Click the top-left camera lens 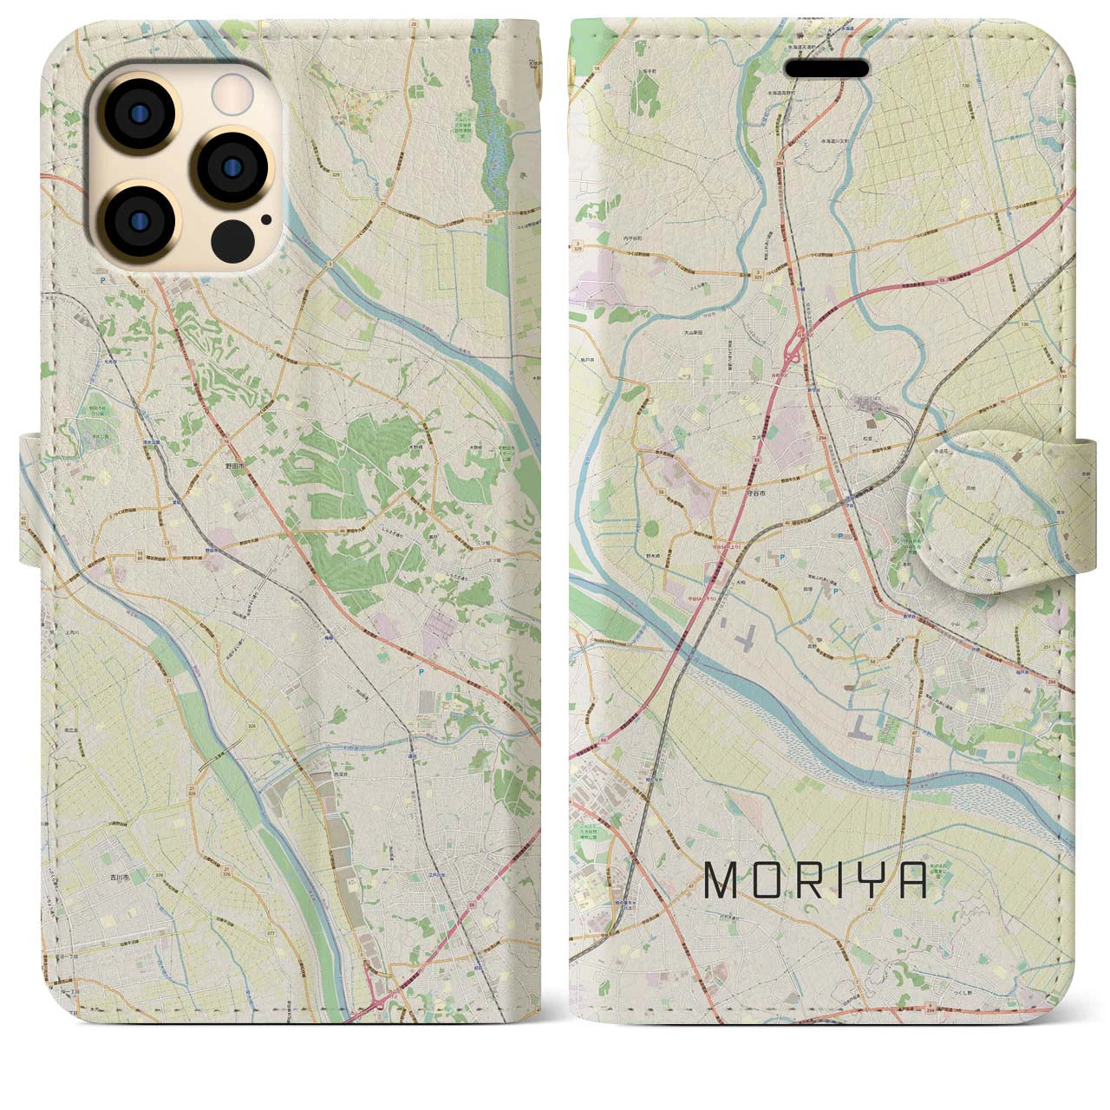[140, 114]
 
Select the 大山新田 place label [693, 332]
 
